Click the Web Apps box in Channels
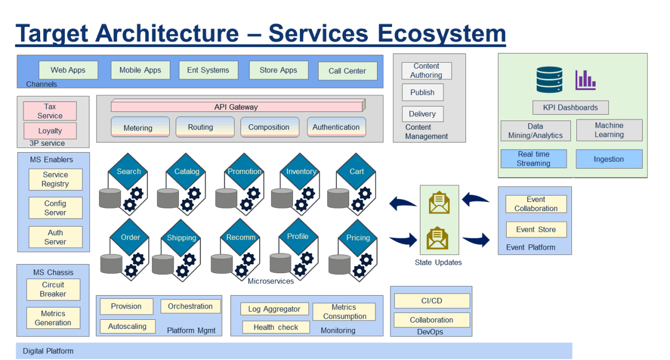pyautogui.click(x=69, y=70)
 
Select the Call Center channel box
pyautogui.click(x=348, y=71)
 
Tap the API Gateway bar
pyautogui.click(x=236, y=107)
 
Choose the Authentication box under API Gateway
pyautogui.click(x=336, y=127)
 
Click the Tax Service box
pyautogui.click(x=50, y=111)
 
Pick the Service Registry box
pyautogui.click(x=55, y=179)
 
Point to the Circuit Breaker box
pyautogui.click(x=53, y=289)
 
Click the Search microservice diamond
pyautogui.click(x=129, y=171)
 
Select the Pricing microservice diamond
pyautogui.click(x=358, y=237)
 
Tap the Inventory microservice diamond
pyautogui.click(x=301, y=171)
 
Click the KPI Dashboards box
pyautogui.click(x=570, y=107)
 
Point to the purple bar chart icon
pyautogui.click(x=585, y=80)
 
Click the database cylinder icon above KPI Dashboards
pyautogui.click(x=549, y=80)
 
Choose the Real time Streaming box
pyautogui.click(x=533, y=159)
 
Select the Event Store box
pyautogui.click(x=536, y=229)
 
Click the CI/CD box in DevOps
pyautogui.click(x=432, y=301)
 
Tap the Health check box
pyautogui.click(x=276, y=327)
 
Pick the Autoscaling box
pyautogui.click(x=127, y=326)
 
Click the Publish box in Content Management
pyautogui.click(x=422, y=92)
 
